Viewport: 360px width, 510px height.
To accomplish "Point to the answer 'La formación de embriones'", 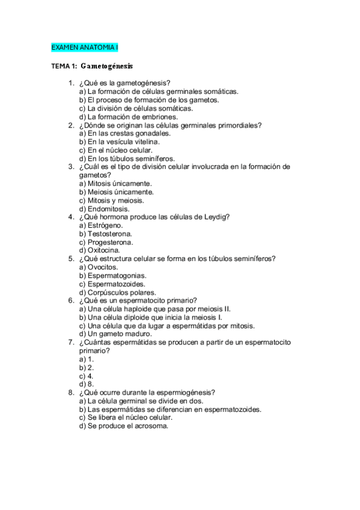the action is (128, 117).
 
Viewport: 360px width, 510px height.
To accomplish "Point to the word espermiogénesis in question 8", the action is (183, 392).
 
